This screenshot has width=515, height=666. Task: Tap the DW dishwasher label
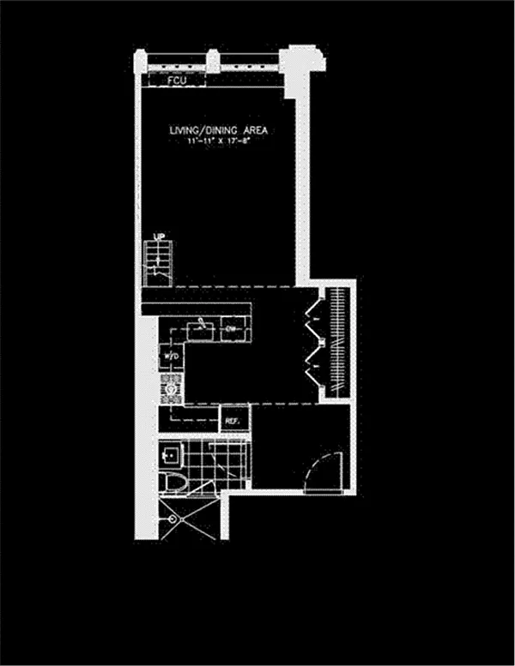[x=232, y=328]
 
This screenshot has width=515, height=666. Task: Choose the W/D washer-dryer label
[x=168, y=355]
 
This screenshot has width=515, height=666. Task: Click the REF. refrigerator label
[x=232, y=422]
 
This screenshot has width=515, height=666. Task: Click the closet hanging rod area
[x=338, y=343]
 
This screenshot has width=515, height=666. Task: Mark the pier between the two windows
[x=211, y=62]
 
